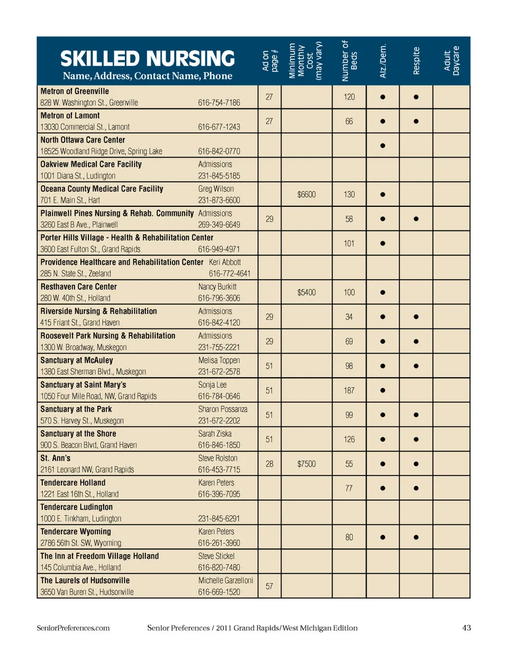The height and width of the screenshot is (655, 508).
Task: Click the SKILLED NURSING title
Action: (147, 59)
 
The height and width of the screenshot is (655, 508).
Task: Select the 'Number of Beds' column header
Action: (349, 61)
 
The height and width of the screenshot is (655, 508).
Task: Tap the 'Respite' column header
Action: (416, 61)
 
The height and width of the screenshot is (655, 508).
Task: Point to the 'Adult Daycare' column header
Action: (451, 61)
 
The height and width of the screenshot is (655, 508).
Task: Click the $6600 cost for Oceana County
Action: (306, 195)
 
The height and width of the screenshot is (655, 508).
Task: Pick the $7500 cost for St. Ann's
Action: (306, 464)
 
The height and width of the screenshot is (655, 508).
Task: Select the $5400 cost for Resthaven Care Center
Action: (306, 293)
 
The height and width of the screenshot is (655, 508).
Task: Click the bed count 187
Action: (349, 390)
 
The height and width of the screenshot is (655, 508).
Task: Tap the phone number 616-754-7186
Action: (219, 103)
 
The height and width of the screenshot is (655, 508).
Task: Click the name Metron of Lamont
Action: (70, 116)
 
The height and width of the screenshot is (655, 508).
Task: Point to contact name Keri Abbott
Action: (225, 262)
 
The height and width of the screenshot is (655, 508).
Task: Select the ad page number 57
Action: (269, 586)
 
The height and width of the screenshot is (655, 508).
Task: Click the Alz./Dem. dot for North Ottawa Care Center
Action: (383, 145)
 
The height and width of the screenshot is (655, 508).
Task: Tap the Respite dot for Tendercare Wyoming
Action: (416, 538)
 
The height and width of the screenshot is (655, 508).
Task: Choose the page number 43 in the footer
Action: (466, 628)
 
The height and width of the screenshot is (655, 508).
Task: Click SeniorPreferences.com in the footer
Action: (73, 628)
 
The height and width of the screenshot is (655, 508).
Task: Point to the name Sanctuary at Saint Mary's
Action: (83, 385)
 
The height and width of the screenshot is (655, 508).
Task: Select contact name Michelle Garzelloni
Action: (225, 580)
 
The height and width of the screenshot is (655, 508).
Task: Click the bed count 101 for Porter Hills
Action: (349, 243)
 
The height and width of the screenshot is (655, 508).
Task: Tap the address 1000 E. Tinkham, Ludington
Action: (81, 519)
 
